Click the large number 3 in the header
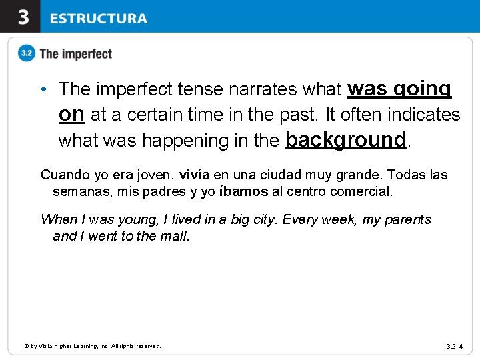pyautogui.click(x=23, y=17)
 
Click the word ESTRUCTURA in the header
pyautogui.click(x=98, y=18)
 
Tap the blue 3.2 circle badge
pyautogui.click(x=27, y=54)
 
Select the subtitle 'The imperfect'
pyautogui.click(x=75, y=54)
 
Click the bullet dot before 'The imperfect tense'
pyautogui.click(x=42, y=89)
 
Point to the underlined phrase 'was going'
pyautogui.click(x=399, y=88)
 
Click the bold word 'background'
pyautogui.click(x=345, y=139)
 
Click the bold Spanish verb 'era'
pyautogui.click(x=123, y=175)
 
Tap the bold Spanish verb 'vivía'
pyautogui.click(x=195, y=175)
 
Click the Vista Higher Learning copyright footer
pyautogui.click(x=93, y=346)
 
